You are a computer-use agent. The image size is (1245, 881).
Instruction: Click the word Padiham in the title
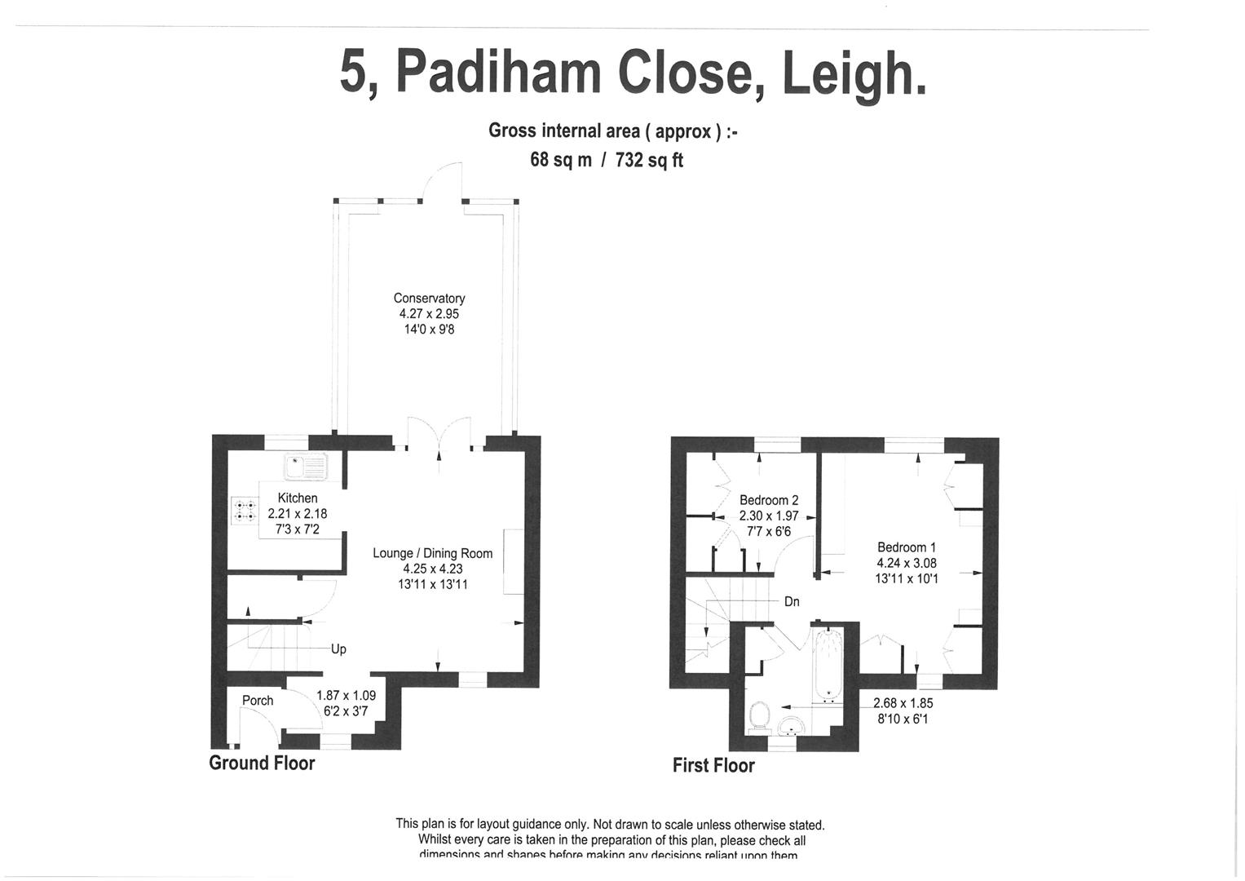(498, 73)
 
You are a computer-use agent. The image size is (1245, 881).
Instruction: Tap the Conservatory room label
(429, 299)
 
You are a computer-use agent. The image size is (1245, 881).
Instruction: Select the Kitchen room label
(298, 498)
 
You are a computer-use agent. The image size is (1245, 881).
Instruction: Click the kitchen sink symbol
(305, 467)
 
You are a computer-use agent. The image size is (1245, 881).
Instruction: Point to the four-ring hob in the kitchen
(245, 511)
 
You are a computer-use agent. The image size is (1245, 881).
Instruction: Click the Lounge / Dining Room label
(432, 553)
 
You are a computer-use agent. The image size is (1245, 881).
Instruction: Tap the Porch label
(258, 701)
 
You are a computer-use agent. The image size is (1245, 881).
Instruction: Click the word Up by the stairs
(338, 649)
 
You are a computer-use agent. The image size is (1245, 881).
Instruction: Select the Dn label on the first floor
(792, 602)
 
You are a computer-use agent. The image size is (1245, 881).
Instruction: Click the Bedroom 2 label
(769, 500)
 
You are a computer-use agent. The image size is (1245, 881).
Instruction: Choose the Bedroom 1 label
(907, 547)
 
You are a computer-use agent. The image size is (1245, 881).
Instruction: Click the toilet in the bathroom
(760, 715)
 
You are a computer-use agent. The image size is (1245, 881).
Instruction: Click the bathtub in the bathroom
(829, 664)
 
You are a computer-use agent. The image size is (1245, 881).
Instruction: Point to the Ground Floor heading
(262, 763)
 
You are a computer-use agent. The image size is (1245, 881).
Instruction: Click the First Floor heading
(713, 765)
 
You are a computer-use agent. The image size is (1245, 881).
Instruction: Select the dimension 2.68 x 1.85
(903, 702)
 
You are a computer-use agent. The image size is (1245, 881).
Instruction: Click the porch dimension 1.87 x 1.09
(346, 696)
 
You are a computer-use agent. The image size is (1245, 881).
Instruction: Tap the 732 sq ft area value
(649, 160)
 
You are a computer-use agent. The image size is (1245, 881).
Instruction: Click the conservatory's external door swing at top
(443, 181)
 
